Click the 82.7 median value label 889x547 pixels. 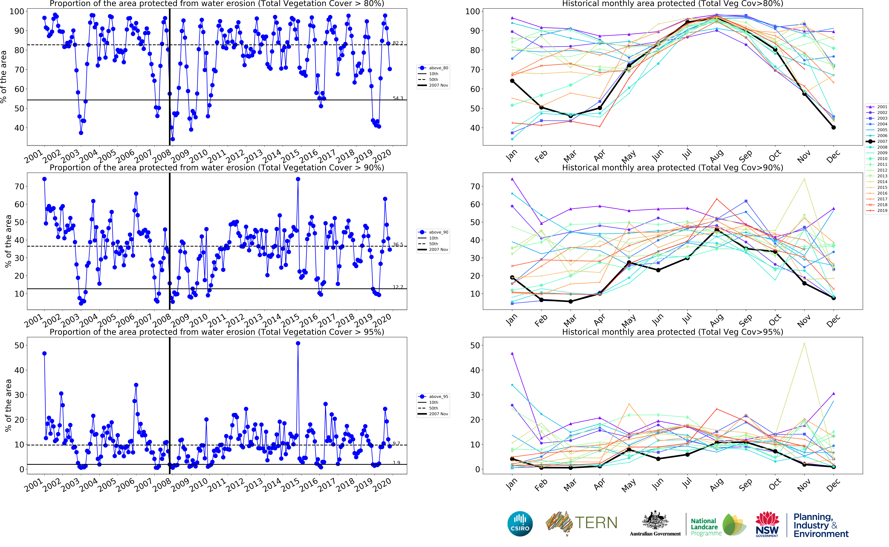(398, 43)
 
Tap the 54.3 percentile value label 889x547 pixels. (398, 98)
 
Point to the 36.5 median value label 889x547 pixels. (398, 245)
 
